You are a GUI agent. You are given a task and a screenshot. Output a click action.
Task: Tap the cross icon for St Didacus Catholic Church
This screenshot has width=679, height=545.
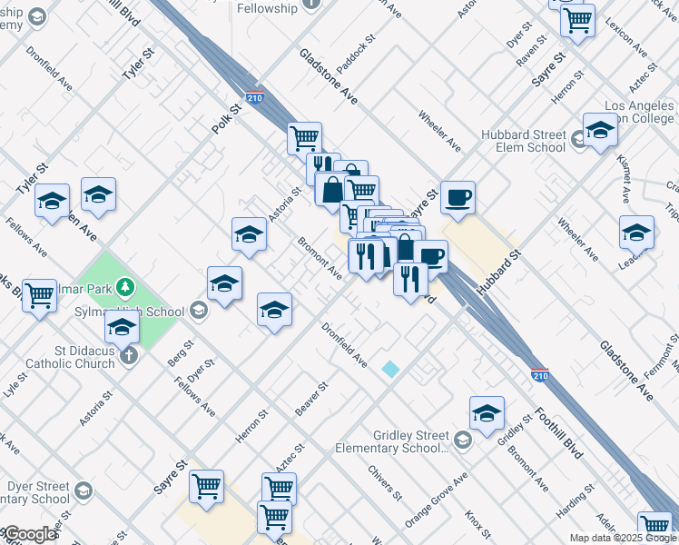[x=129, y=354]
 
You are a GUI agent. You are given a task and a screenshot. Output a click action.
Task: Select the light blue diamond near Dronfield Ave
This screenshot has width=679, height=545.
[x=390, y=369]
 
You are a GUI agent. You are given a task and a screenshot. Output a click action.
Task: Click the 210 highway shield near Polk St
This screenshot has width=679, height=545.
[x=254, y=97]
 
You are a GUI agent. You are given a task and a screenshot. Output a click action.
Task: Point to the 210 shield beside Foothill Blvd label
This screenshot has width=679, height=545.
[x=538, y=373]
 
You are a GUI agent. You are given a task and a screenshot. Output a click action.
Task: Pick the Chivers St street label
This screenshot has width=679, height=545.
[x=386, y=483]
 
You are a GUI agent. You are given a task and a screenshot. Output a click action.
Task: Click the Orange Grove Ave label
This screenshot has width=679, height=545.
[x=436, y=500]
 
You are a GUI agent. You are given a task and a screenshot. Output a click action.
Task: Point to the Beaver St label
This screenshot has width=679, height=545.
[x=310, y=400]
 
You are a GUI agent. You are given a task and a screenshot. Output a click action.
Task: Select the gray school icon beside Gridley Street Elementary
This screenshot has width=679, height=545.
[x=463, y=441]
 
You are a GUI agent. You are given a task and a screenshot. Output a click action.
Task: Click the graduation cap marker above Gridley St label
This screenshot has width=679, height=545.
[x=487, y=413]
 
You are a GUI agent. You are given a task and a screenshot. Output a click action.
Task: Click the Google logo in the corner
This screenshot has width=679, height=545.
[x=29, y=534]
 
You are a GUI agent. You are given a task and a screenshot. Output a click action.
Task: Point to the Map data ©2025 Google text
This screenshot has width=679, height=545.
[x=623, y=538]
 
